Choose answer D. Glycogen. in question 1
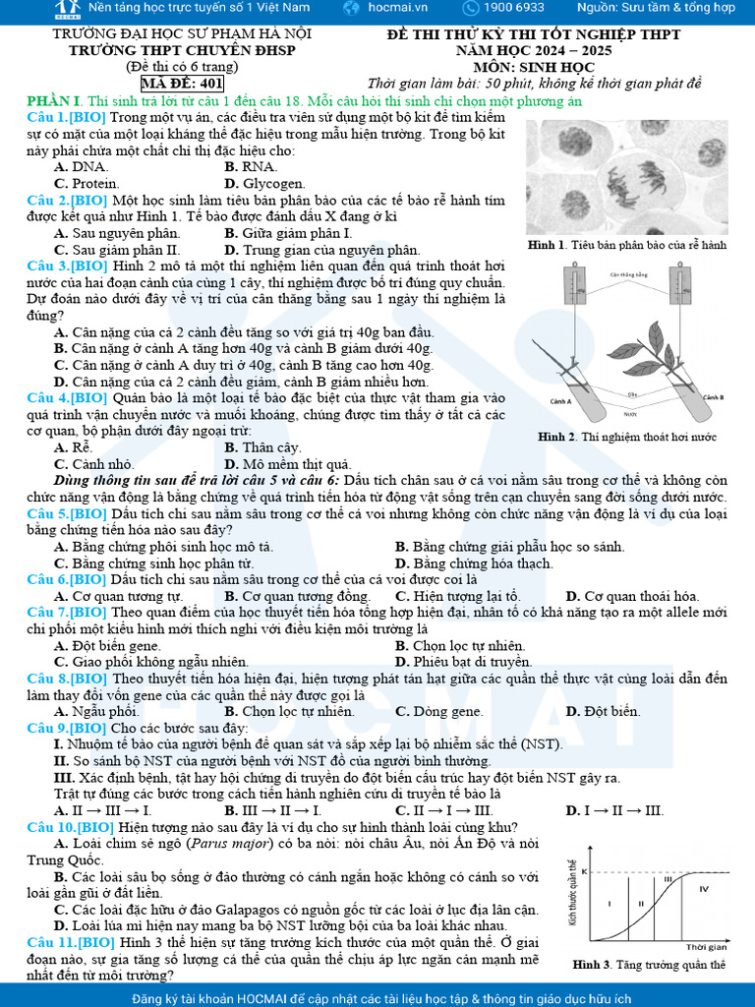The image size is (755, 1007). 264,183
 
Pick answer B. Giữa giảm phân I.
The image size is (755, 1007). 288,233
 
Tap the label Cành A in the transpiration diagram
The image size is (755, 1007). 561,401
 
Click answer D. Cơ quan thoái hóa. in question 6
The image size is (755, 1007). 633,596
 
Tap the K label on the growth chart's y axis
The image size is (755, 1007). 584,872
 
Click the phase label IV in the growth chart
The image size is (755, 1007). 704,888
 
